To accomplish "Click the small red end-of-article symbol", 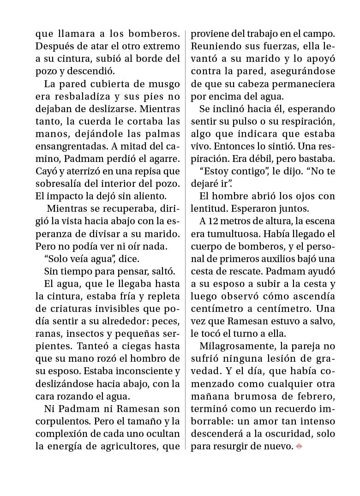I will point(299,446).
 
